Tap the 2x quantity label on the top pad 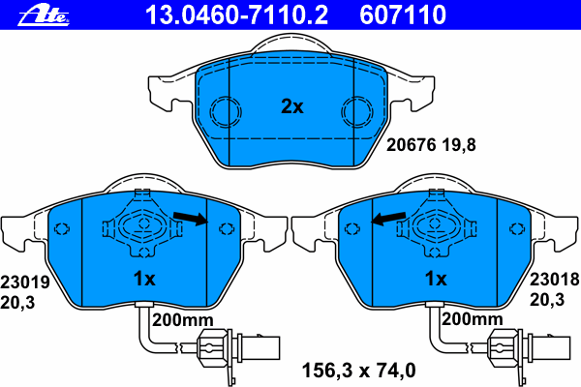coord(291,106)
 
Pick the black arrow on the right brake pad coord(390,220)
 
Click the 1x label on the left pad coord(143,280)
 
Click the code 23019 coord(23,283)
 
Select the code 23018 coord(553,278)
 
